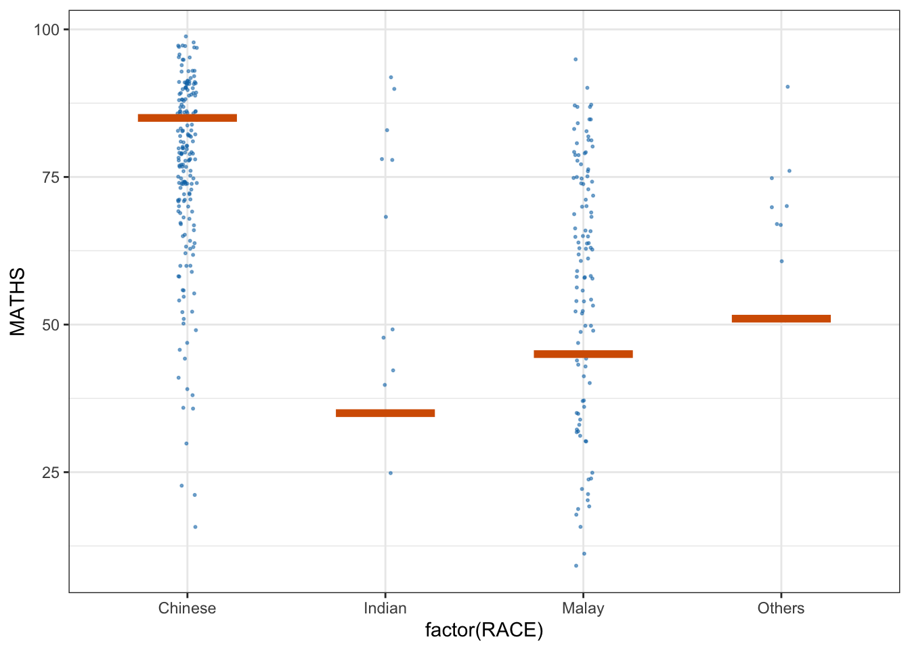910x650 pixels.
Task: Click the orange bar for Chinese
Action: [x=187, y=118]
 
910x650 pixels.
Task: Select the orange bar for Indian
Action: [x=385, y=413]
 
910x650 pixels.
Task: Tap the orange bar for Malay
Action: [x=583, y=354]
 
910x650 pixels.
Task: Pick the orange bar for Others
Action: [x=781, y=319]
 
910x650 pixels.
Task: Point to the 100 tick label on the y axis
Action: [x=46, y=30]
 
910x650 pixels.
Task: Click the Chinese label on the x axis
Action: [x=187, y=608]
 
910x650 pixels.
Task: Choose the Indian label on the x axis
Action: [x=385, y=608]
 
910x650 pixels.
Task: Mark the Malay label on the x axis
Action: [x=583, y=608]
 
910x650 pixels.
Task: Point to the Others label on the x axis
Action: [x=781, y=608]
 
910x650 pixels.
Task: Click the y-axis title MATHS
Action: [x=18, y=301]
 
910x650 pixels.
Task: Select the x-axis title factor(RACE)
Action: [x=484, y=631]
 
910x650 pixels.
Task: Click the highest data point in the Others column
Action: [x=787, y=87]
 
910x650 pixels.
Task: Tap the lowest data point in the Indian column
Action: [x=391, y=473]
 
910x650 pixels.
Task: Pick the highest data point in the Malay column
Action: [x=576, y=59]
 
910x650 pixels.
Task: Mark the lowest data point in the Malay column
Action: [x=576, y=566]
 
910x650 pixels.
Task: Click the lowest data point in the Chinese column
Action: [x=196, y=527]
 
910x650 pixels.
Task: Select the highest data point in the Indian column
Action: [x=391, y=77]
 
